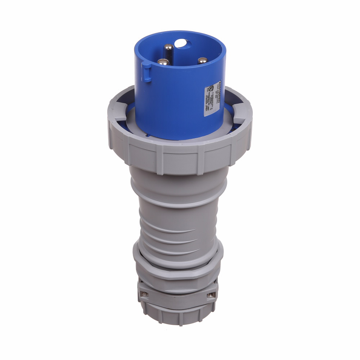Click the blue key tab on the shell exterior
[x=146, y=71]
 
